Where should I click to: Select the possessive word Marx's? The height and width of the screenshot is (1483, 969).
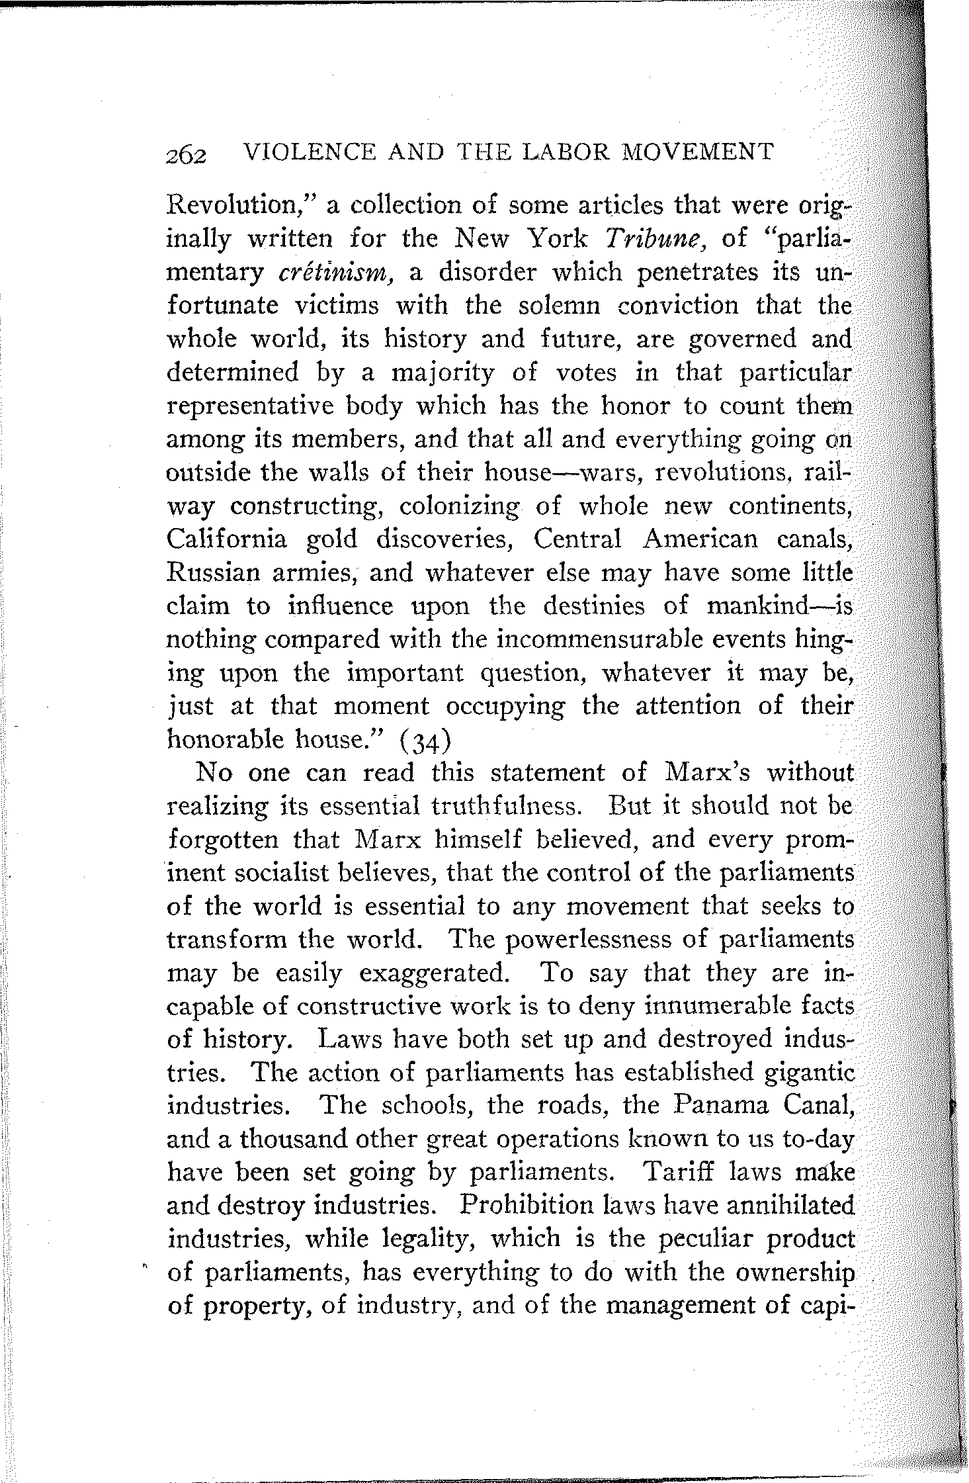712,772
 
